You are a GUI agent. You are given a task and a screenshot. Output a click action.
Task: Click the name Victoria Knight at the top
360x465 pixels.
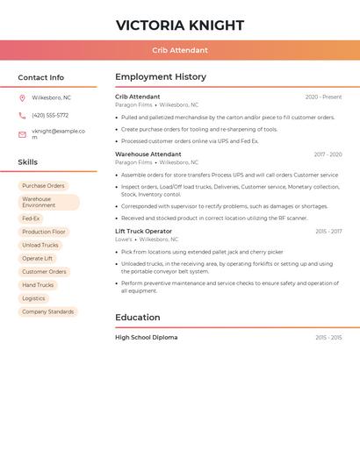pyautogui.click(x=180, y=25)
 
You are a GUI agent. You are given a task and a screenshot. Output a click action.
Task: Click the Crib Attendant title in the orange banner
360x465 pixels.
pyautogui.click(x=180, y=50)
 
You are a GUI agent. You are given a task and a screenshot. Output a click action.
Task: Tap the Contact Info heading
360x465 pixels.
pyautogui.click(x=41, y=77)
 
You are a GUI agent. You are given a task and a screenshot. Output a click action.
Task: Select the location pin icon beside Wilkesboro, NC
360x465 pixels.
pyautogui.click(x=22, y=97)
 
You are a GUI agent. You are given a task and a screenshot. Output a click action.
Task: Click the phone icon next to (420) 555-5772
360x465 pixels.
pyautogui.click(x=22, y=115)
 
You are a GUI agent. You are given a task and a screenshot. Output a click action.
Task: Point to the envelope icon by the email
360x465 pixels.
pyautogui.click(x=22, y=134)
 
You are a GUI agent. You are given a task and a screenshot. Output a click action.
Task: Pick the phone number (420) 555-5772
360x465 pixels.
pyautogui.click(x=50, y=115)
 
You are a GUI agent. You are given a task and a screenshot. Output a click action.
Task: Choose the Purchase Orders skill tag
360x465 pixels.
pyautogui.click(x=43, y=186)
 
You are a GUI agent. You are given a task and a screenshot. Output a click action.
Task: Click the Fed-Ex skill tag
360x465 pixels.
pyautogui.click(x=31, y=218)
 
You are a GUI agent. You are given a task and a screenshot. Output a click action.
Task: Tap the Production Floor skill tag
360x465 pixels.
pyautogui.click(x=44, y=232)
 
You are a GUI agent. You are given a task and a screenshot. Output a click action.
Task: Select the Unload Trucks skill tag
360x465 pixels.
pyautogui.click(x=40, y=246)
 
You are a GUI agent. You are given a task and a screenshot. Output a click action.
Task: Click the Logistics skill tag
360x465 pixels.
pyautogui.click(x=33, y=298)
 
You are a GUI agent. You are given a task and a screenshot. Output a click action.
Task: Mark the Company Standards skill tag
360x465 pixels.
pyautogui.click(x=48, y=311)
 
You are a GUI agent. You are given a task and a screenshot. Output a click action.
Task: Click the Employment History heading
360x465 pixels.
pyautogui.click(x=161, y=77)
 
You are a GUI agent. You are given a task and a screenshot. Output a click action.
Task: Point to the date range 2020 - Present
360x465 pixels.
pyautogui.click(x=323, y=97)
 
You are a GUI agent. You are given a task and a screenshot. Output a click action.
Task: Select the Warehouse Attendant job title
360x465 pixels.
pyautogui.click(x=148, y=154)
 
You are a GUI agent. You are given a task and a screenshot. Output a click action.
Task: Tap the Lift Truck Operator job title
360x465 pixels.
pyautogui.click(x=143, y=231)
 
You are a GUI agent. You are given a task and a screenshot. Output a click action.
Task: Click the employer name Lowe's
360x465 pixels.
pyautogui.click(x=124, y=239)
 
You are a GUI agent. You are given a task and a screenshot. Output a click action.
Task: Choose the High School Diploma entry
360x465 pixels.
pyautogui.click(x=146, y=337)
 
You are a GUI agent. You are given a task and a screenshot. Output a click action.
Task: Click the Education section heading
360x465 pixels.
pyautogui.click(x=138, y=318)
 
